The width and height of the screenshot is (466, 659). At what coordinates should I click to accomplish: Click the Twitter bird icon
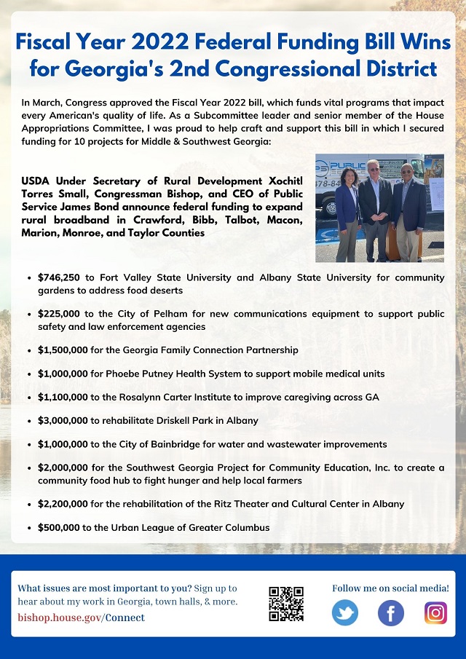coord(345,612)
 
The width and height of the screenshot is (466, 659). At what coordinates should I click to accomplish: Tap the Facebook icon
coord(391,612)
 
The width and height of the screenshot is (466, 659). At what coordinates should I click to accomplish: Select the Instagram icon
coord(435,612)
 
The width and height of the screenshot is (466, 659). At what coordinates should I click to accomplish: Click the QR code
coord(286,604)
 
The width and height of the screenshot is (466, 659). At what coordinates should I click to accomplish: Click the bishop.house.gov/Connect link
coord(81,617)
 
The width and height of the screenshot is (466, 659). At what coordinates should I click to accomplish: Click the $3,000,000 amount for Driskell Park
coord(64,421)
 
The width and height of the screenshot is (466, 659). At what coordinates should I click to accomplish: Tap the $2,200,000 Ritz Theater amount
coord(64,504)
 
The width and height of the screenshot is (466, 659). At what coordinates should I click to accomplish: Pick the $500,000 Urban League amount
coord(60,527)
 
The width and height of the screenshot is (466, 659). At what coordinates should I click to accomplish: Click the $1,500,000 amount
coord(64,350)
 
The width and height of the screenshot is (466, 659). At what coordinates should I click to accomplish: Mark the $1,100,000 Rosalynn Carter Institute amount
coord(64,398)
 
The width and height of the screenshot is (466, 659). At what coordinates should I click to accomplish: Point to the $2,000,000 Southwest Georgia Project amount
coord(64,467)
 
